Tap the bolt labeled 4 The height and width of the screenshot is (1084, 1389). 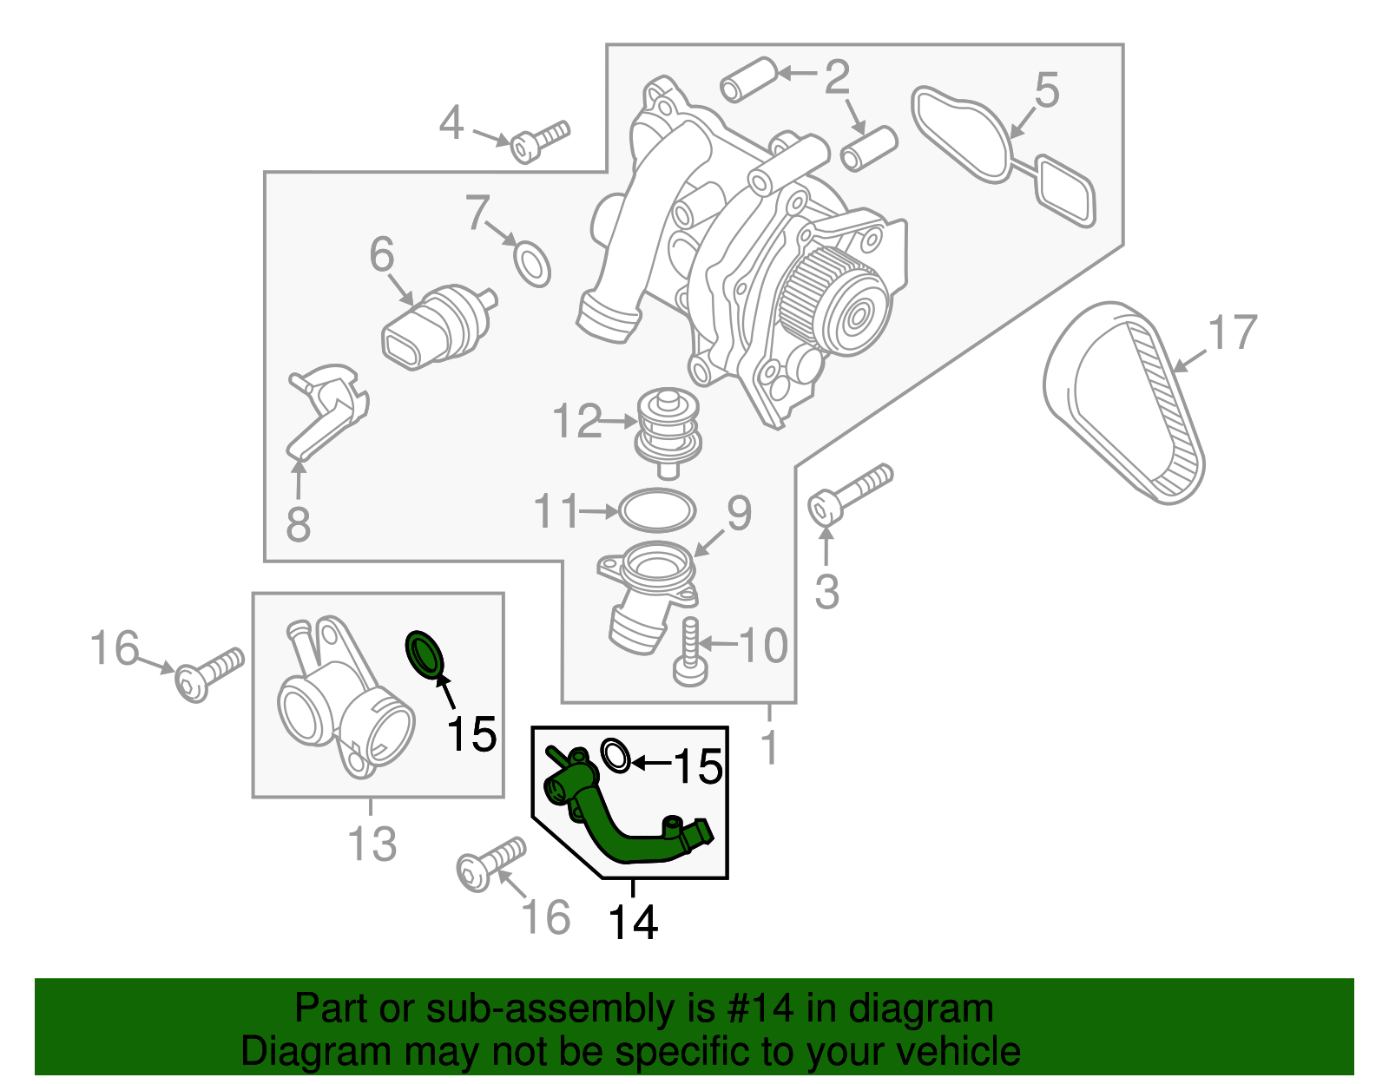point(538,141)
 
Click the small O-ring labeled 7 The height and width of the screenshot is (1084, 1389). point(532,263)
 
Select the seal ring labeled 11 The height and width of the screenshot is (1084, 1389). point(657,510)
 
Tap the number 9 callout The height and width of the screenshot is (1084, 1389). point(739,514)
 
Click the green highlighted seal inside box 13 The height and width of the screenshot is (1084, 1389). point(425,654)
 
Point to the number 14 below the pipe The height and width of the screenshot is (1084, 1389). point(633,922)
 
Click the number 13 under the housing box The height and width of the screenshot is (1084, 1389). point(372,843)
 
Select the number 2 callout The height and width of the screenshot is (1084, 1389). point(836,78)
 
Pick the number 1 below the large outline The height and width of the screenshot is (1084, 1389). point(769,748)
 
